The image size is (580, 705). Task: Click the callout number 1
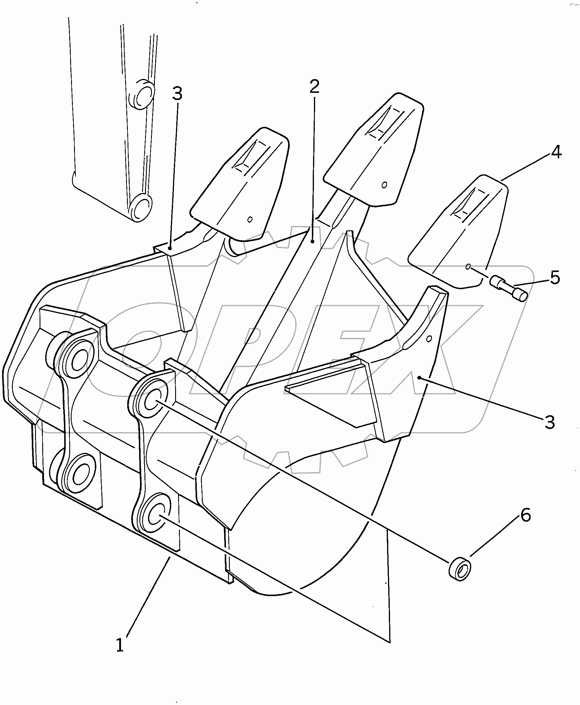tap(120, 645)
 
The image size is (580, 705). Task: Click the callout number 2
tap(314, 86)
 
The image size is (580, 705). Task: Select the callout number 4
tap(556, 152)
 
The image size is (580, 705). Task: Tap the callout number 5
tap(555, 278)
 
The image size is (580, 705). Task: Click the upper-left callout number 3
tap(177, 94)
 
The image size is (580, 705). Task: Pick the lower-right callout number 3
tap(550, 422)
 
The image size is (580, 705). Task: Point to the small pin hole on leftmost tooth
tap(250, 219)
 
